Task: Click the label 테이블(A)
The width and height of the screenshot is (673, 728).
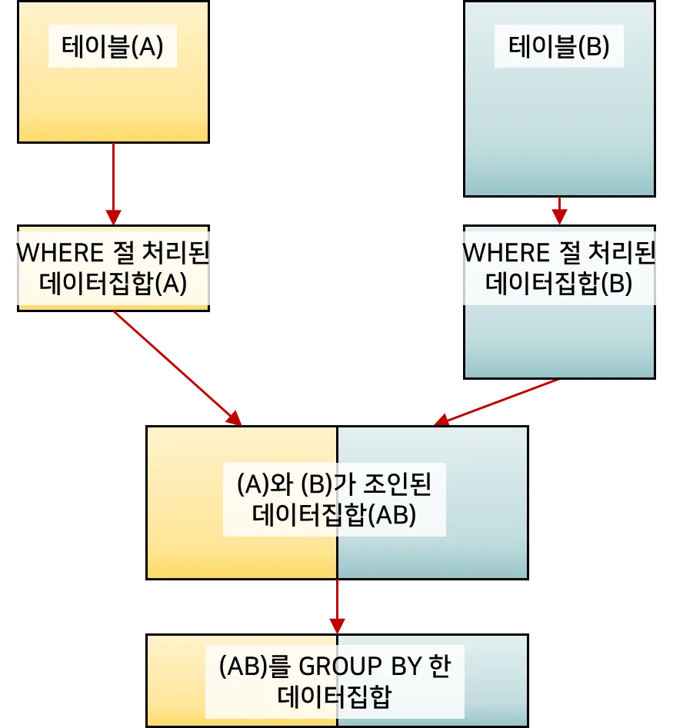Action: tap(112, 48)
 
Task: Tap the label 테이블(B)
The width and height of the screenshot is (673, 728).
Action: tap(559, 48)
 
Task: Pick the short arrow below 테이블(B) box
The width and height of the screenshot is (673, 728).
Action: tap(559, 210)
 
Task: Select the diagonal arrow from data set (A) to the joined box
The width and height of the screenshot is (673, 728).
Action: tap(177, 367)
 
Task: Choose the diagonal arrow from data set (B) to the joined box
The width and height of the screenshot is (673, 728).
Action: tap(496, 401)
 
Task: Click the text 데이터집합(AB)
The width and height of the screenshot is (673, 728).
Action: tap(334, 514)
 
